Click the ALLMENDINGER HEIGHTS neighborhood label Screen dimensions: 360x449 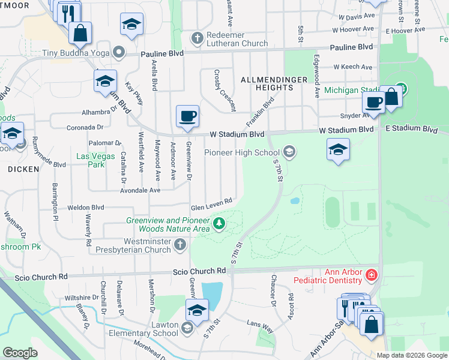[267, 83]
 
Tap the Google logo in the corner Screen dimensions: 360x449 [20, 353]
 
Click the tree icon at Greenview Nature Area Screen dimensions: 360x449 [219, 224]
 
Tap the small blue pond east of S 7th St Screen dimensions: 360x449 [294, 201]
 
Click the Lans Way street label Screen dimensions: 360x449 [260, 327]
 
